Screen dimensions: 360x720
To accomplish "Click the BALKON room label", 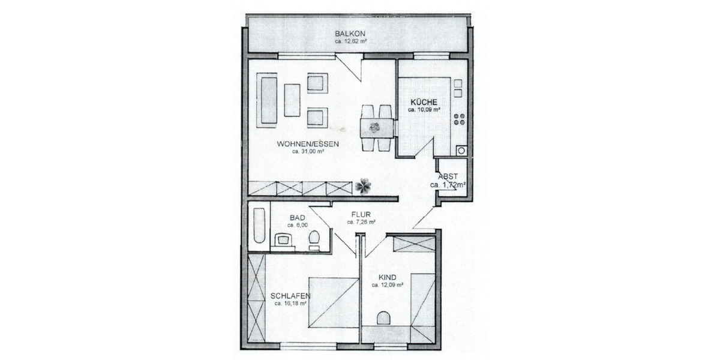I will click(350, 34).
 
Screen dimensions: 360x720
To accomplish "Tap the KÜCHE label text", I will click(424, 102).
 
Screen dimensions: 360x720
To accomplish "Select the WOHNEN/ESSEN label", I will click(308, 144).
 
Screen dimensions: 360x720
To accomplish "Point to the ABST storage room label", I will click(448, 176).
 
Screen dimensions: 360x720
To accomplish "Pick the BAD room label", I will click(298, 217).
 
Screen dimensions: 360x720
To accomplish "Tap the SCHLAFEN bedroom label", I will click(290, 295).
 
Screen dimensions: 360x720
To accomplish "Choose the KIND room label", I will click(388, 277).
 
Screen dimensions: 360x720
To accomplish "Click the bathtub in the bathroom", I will click(259, 226).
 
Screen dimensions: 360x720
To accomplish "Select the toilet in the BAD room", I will click(313, 241).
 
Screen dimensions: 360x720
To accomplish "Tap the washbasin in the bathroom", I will click(283, 241).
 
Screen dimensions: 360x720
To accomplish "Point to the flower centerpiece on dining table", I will click(375, 127).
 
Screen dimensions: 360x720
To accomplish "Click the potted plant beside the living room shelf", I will click(362, 187).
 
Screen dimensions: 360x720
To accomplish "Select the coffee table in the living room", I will click(292, 100).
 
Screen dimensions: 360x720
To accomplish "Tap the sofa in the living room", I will click(266, 100).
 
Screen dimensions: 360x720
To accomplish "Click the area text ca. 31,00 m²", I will click(308, 152).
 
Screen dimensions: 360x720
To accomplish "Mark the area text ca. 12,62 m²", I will click(350, 42).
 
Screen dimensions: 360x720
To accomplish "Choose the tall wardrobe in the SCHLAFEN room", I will click(256, 298).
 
